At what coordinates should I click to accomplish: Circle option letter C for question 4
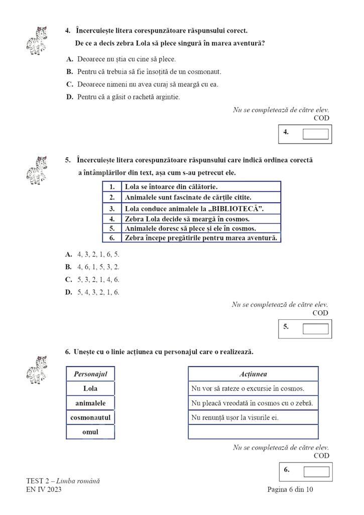coord(70,84)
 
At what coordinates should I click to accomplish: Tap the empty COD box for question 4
coord(316,134)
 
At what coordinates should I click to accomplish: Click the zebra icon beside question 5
coord(37,169)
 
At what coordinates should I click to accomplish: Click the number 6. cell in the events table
coord(111,237)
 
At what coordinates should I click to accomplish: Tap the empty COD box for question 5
coord(316,328)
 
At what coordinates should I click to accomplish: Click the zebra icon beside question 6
coord(37,369)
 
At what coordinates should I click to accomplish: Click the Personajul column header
coord(90,374)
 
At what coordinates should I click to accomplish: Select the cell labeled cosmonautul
coord(90,417)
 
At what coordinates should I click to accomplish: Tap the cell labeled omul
coord(90,432)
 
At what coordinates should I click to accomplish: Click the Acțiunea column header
coord(253,374)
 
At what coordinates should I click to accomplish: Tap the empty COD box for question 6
coord(316,472)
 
